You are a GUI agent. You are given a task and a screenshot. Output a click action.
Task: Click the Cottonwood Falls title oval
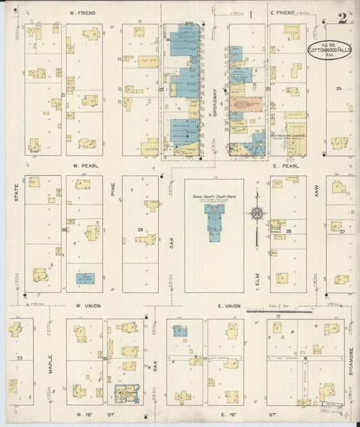pyautogui.click(x=328, y=51)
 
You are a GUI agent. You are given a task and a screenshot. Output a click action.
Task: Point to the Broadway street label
pyautogui.click(x=215, y=103)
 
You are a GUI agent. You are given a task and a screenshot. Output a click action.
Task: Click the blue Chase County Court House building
pyautogui.click(x=214, y=222)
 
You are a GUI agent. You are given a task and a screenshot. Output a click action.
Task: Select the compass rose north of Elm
pyautogui.click(x=257, y=214)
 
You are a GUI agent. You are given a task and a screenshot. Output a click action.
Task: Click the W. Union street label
pyautogui.click(x=88, y=306)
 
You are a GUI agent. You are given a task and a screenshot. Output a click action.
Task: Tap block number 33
pyautogui.click(x=20, y=357)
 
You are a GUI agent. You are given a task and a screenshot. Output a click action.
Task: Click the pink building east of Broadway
pyautogui.click(x=247, y=105)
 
